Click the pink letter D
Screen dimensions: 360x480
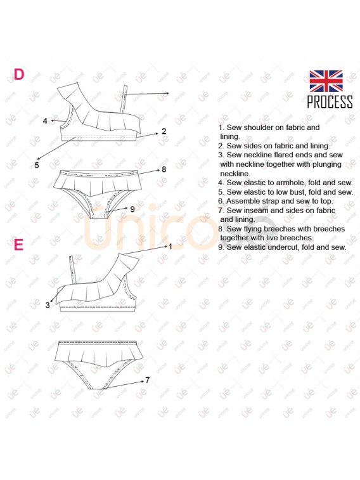click(x=19, y=74)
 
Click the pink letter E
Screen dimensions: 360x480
click(x=18, y=245)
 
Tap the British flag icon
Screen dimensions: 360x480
click(x=326, y=81)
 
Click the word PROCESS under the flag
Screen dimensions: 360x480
click(x=330, y=102)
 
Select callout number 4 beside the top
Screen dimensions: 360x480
click(x=45, y=121)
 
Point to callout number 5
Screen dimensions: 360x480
click(x=37, y=165)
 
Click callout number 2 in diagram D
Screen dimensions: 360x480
click(x=164, y=131)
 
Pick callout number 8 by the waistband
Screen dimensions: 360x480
click(x=164, y=169)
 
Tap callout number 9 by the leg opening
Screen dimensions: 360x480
click(x=132, y=209)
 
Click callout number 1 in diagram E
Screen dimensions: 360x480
click(x=170, y=247)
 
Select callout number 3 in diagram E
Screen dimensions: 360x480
click(x=48, y=305)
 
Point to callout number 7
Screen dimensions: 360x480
click(x=148, y=380)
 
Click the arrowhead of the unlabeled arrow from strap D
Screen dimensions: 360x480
click(x=167, y=93)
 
